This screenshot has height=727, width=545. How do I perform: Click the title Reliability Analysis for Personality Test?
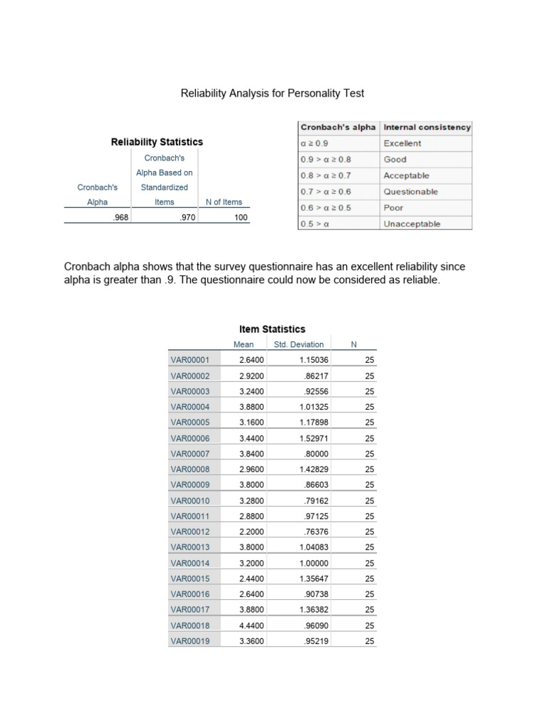click(x=272, y=93)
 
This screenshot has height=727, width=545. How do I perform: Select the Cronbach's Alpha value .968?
click(x=120, y=217)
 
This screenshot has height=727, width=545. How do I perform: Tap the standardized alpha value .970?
click(x=186, y=217)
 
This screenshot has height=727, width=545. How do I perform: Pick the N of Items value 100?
click(x=241, y=217)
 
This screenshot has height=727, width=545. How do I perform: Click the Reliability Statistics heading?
click(x=157, y=142)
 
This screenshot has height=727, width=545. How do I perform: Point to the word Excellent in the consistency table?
click(x=402, y=143)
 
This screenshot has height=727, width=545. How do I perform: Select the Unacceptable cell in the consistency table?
click(x=412, y=224)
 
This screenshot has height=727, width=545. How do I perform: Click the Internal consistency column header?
click(x=426, y=127)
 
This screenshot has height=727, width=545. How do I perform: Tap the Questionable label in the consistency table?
click(x=411, y=192)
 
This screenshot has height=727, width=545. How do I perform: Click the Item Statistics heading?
click(x=272, y=329)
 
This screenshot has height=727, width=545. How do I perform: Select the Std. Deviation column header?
click(x=298, y=344)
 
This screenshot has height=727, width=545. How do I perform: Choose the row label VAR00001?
click(x=190, y=360)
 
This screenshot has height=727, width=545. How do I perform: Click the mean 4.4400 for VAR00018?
click(x=251, y=625)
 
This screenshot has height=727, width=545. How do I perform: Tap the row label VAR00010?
click(x=190, y=501)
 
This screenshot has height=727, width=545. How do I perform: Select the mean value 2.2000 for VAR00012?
click(x=251, y=532)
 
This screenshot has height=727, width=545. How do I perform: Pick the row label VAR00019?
click(x=190, y=641)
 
